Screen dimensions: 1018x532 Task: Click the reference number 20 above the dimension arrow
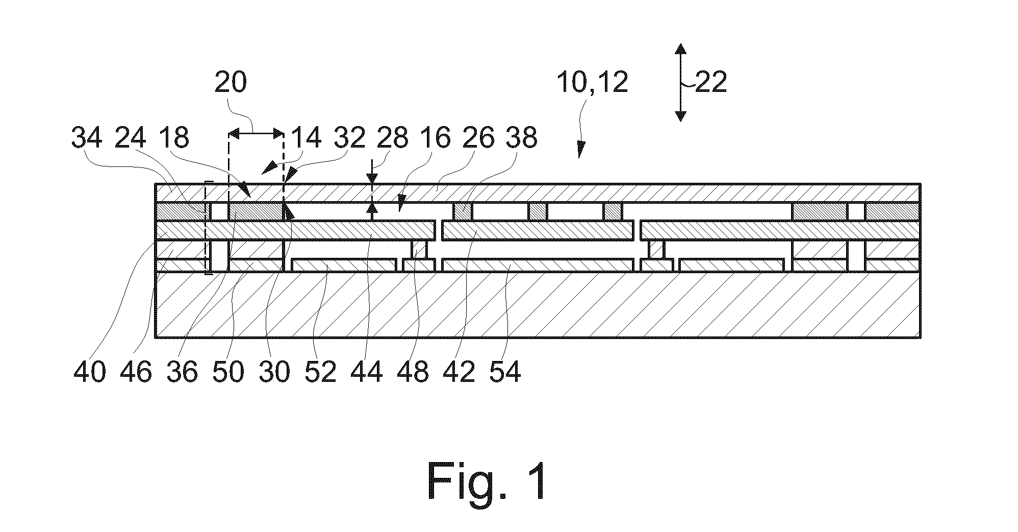[x=231, y=82]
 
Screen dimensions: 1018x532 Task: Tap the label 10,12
[x=592, y=82]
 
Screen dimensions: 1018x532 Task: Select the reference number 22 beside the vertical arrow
[x=710, y=82]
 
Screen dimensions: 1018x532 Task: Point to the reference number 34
[x=87, y=138]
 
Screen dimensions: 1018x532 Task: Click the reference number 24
[x=131, y=138]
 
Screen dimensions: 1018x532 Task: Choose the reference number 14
[x=305, y=138]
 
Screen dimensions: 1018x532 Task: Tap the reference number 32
[x=349, y=138]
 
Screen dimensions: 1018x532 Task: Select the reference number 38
[x=521, y=138]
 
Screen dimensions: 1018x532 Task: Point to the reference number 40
[x=90, y=372]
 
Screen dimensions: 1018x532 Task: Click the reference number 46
[x=136, y=372]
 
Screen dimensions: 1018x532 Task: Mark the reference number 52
[x=320, y=372]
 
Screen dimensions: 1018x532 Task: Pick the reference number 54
[x=505, y=372]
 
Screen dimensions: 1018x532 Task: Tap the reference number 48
[x=413, y=372]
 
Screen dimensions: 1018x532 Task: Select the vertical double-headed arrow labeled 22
[x=680, y=82]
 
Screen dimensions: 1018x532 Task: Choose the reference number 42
[x=459, y=372]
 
